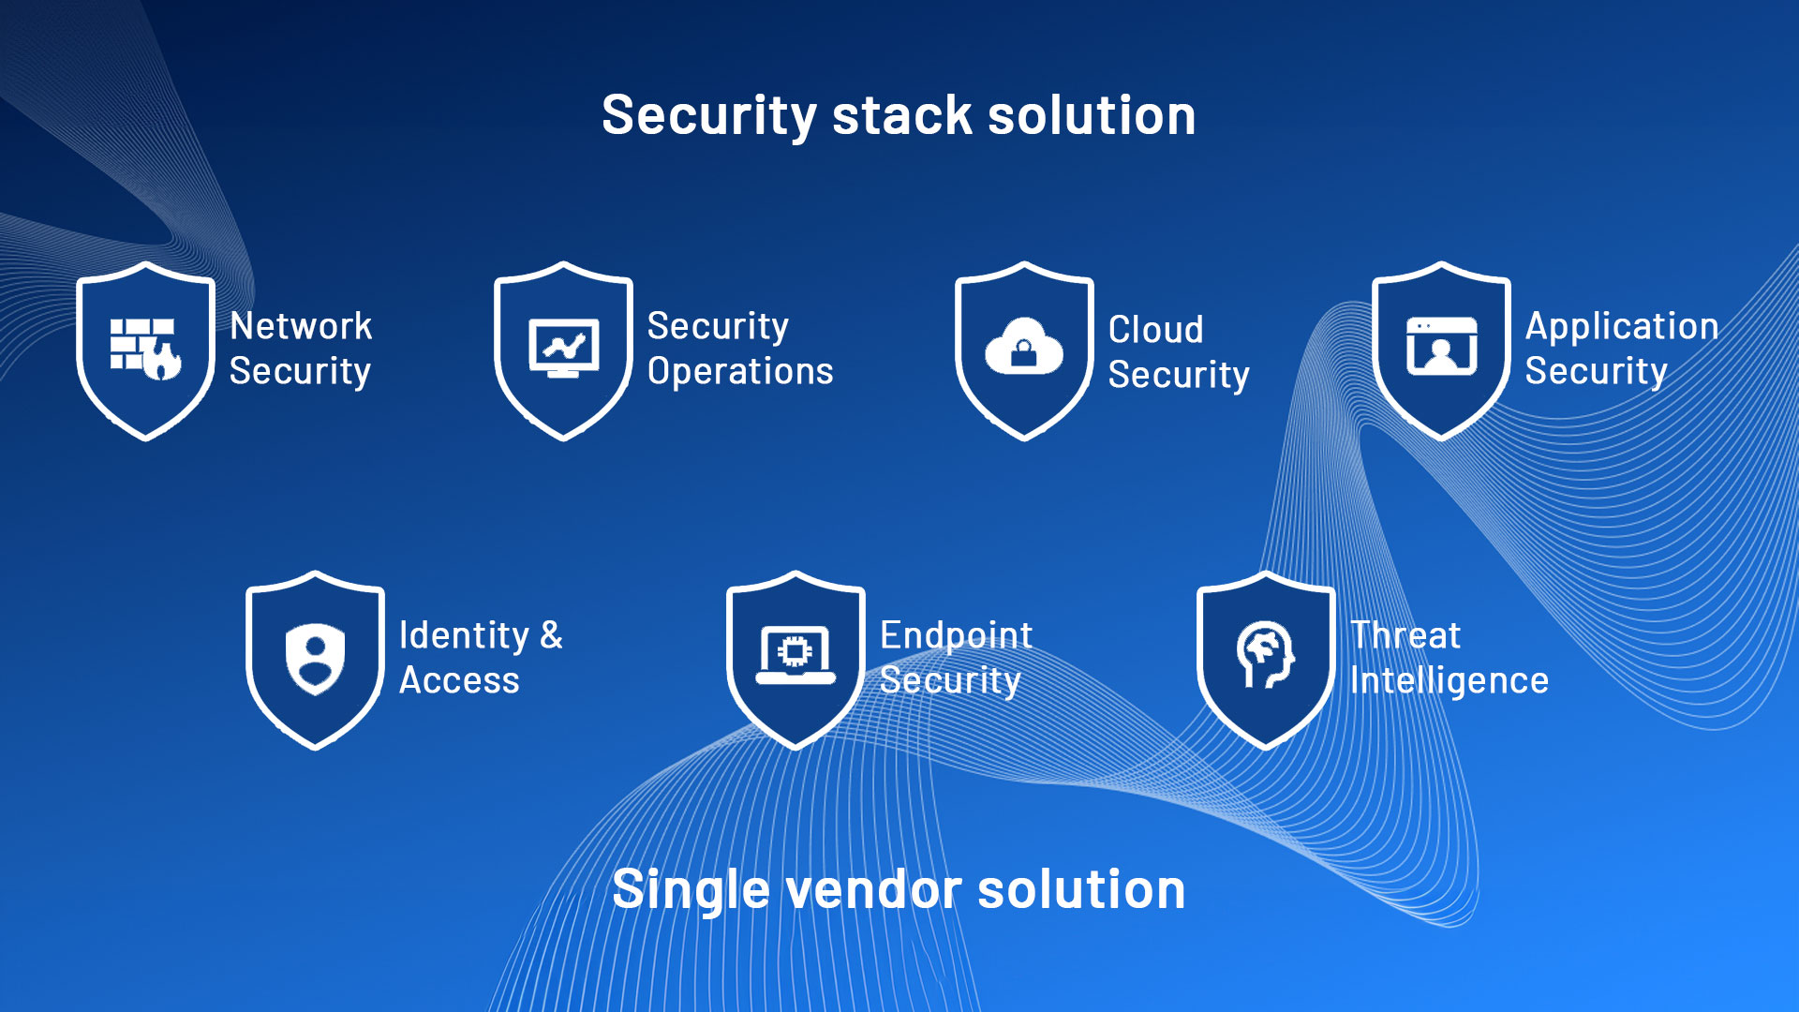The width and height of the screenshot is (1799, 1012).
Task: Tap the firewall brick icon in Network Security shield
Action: tap(145, 349)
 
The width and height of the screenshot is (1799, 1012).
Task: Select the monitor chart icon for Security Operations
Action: tap(563, 349)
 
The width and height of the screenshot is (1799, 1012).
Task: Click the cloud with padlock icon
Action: tap(1023, 347)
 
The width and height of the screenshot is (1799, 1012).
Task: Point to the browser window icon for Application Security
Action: tap(1441, 347)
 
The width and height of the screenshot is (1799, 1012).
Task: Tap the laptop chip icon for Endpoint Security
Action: tap(795, 654)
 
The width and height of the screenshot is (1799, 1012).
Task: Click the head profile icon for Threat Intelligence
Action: tap(1265, 654)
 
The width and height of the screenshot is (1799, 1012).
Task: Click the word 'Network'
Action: tap(301, 327)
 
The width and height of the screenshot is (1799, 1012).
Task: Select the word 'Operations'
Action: tap(740, 372)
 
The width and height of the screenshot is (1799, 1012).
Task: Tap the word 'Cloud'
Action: tap(1155, 330)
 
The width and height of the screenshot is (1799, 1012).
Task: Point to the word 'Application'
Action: tap(1622, 327)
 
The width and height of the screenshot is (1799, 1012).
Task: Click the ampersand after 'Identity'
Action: tap(551, 635)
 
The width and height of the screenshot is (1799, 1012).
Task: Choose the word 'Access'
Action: tap(459, 681)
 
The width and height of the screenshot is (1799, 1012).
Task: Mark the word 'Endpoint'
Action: tap(956, 636)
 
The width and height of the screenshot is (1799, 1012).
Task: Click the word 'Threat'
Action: tap(1405, 636)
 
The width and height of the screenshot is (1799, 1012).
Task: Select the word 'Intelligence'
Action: tap(1449, 681)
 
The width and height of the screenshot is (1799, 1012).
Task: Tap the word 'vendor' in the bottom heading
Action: tap(873, 890)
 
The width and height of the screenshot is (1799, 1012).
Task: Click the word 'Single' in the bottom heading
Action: tap(691, 890)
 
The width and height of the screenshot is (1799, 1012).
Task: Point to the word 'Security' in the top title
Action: tap(709, 116)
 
